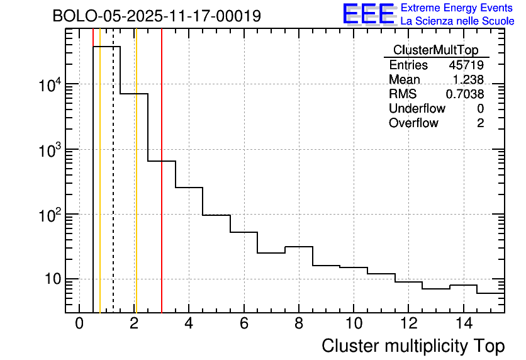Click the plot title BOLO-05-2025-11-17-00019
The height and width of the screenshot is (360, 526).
point(157,16)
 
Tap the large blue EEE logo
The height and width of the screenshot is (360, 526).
point(368,14)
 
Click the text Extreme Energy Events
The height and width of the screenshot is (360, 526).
point(457,8)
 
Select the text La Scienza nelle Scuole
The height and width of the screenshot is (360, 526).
point(457,21)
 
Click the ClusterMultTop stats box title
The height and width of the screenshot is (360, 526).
point(435,50)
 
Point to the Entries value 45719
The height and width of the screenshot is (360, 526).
point(466,65)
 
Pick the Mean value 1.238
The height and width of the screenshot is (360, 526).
point(468,79)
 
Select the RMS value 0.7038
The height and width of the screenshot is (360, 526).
point(465,94)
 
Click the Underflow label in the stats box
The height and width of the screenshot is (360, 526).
point(417,108)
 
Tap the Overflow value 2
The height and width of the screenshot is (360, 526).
point(480,123)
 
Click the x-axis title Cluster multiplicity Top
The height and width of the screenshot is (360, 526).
point(413,346)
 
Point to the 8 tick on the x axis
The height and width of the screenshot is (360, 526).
point(299,323)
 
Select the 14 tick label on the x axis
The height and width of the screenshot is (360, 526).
point(463,323)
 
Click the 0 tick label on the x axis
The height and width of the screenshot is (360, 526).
point(79,323)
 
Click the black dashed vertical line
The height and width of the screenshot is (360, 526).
point(113,189)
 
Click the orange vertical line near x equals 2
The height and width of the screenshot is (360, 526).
point(136,189)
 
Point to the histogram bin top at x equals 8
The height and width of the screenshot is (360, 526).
point(299,247)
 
